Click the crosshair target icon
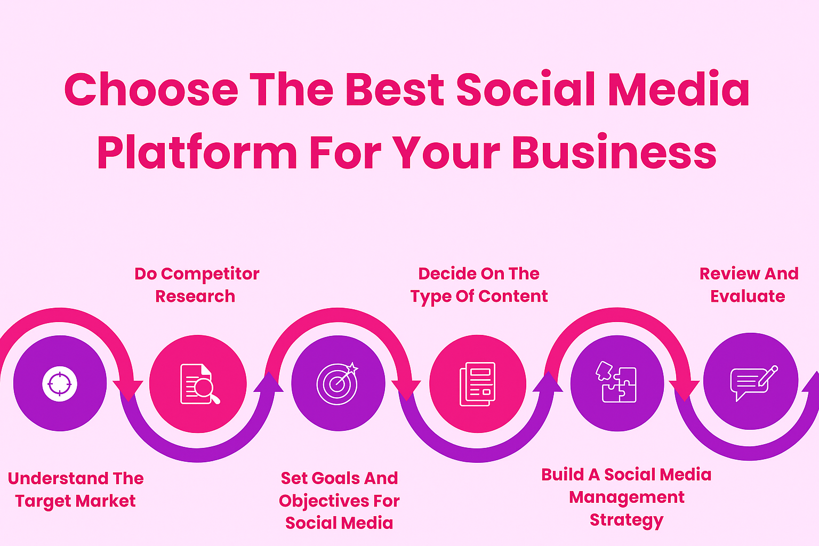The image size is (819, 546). tap(60, 383)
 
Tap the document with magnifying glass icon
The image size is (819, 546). tap(199, 384)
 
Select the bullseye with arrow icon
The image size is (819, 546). tap(338, 383)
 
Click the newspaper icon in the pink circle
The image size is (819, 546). tap(478, 384)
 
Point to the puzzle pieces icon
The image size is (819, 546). tap(616, 382)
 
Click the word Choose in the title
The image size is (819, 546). tap(151, 89)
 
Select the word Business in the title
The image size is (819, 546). tap(614, 151)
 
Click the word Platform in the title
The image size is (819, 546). tap(197, 151)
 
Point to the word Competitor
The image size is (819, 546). tap(210, 274)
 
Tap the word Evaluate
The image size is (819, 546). tap(748, 296)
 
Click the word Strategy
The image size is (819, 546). tap(627, 520)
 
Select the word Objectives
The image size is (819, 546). tap(324, 501)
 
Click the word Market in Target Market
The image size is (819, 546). tap(106, 501)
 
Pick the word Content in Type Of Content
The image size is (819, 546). tap(513, 296)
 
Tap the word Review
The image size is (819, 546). tap(725, 274)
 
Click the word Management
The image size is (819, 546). tap(627, 498)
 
